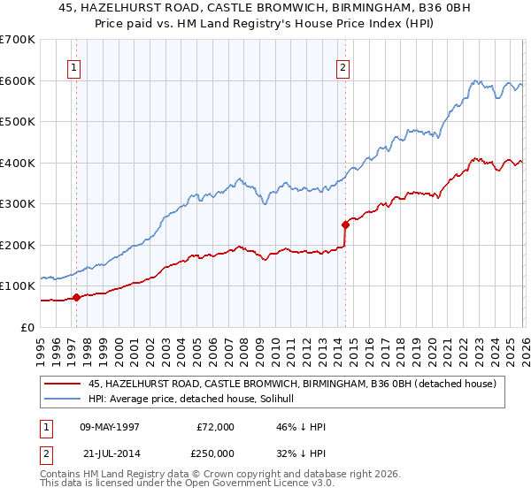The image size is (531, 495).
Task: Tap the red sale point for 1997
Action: pos(77,297)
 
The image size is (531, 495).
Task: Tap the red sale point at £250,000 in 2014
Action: pos(345,225)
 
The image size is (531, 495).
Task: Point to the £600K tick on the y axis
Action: pos(18,80)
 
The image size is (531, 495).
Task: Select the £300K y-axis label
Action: pos(18,203)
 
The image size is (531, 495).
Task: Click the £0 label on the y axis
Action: pos(27,327)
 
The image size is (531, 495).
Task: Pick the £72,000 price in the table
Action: pos(216,427)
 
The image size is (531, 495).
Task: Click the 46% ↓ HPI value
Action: pos(301,427)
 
